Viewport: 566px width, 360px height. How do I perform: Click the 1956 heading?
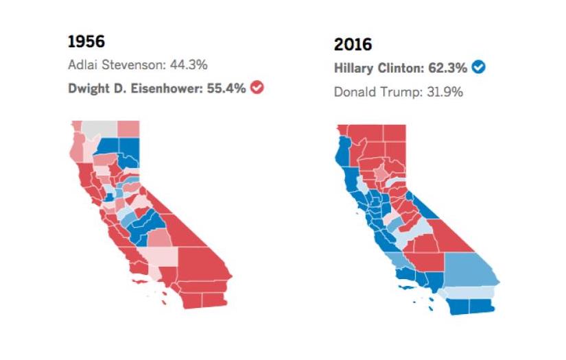(x=86, y=41)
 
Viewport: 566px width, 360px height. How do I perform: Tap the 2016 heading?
(x=353, y=45)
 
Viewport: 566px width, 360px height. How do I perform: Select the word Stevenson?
(x=134, y=65)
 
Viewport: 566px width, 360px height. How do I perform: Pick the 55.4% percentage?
(x=226, y=88)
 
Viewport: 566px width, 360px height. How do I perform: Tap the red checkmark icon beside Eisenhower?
(x=257, y=88)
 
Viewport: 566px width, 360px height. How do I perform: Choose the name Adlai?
(x=82, y=65)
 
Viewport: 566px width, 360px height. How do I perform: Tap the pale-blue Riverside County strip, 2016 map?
(x=473, y=293)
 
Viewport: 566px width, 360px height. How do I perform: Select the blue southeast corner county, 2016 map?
(x=480, y=307)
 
